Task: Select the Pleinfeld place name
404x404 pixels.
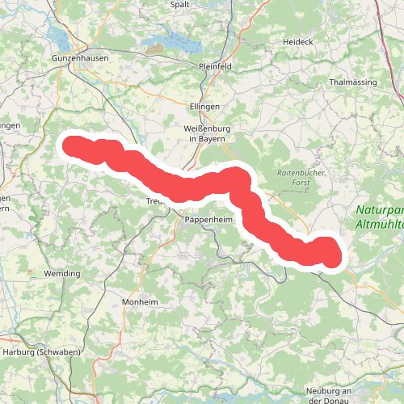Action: [x=215, y=68]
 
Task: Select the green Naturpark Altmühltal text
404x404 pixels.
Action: [x=379, y=217]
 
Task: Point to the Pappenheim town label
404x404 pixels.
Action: [x=208, y=220]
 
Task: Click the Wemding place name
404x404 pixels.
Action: [x=63, y=274]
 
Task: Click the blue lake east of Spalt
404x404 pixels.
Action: [x=174, y=38]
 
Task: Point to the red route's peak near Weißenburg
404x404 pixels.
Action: [x=235, y=175]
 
